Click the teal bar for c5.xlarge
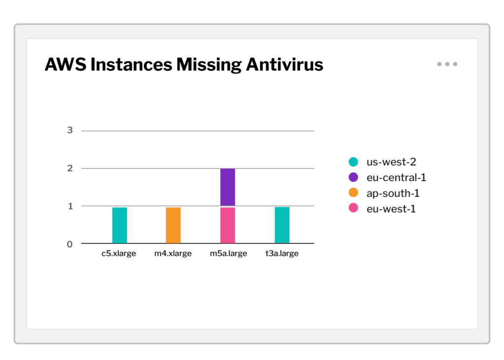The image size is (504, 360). (120, 225)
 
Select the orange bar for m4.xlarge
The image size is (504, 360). (173, 225)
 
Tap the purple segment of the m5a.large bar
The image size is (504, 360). (227, 187)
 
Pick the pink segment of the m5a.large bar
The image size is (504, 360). (227, 225)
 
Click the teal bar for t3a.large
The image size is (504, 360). (282, 225)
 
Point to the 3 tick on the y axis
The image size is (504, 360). (70, 131)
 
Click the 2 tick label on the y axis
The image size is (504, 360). (70, 168)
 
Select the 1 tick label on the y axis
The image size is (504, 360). (70, 206)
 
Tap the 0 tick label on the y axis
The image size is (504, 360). (70, 244)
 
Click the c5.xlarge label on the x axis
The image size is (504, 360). (119, 254)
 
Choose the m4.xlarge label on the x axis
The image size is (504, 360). (173, 254)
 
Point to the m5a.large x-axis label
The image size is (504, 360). (228, 254)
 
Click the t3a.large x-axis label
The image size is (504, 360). (282, 254)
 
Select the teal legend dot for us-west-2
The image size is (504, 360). (353, 162)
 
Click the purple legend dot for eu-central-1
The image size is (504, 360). (353, 177)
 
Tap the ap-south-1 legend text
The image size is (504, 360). (393, 193)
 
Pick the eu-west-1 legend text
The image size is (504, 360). (391, 209)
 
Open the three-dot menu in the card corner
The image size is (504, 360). (447, 64)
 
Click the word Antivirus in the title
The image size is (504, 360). (284, 65)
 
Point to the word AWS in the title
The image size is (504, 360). (64, 65)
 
